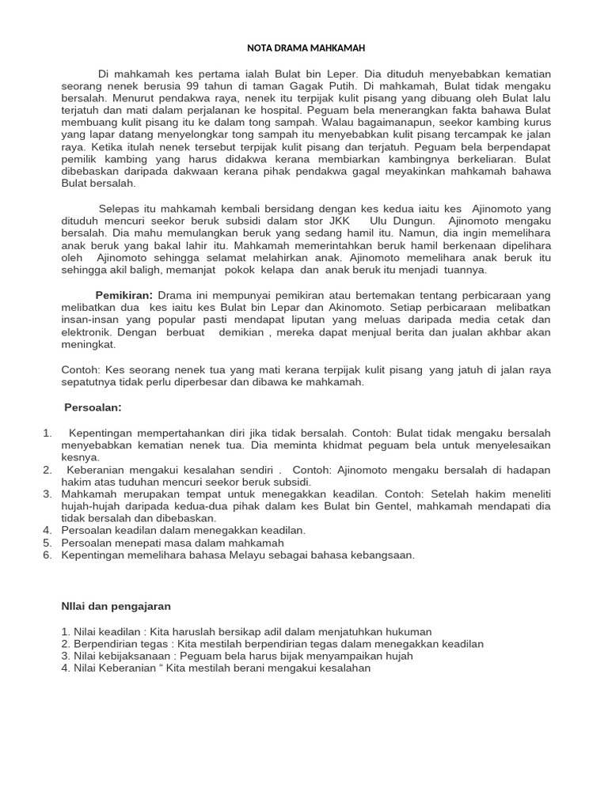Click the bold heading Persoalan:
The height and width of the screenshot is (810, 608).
coord(93,407)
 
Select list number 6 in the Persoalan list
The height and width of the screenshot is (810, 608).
coord(47,555)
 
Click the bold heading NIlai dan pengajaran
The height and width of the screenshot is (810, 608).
coord(117,606)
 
